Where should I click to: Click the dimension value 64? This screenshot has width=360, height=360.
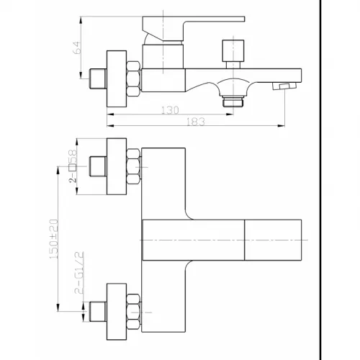click(77, 48)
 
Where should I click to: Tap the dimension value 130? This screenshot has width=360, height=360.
click(170, 110)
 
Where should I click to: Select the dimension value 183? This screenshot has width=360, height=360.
click(196, 122)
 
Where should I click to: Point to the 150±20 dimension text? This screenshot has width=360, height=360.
click(54, 239)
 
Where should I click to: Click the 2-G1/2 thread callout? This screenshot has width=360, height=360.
click(79, 273)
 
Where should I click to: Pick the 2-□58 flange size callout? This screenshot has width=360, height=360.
click(73, 166)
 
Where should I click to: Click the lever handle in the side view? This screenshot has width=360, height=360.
click(194, 28)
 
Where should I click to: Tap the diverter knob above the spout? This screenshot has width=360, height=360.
click(233, 54)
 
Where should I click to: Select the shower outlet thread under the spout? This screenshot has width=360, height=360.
click(233, 101)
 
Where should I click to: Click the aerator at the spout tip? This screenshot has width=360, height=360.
click(284, 86)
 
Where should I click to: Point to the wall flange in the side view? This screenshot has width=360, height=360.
click(117, 78)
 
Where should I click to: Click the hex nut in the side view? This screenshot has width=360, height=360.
click(133, 78)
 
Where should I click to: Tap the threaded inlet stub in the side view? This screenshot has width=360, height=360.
click(98, 78)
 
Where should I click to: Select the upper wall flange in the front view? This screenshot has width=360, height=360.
click(117, 166)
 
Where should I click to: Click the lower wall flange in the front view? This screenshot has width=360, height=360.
click(117, 312)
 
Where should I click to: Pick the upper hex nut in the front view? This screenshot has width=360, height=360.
click(133, 166)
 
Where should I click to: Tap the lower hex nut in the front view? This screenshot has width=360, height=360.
click(133, 312)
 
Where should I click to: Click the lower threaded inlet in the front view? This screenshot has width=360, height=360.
click(98, 312)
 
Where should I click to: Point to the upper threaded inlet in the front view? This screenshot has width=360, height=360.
click(98, 166)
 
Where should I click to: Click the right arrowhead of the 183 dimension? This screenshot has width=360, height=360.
click(282, 125)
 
